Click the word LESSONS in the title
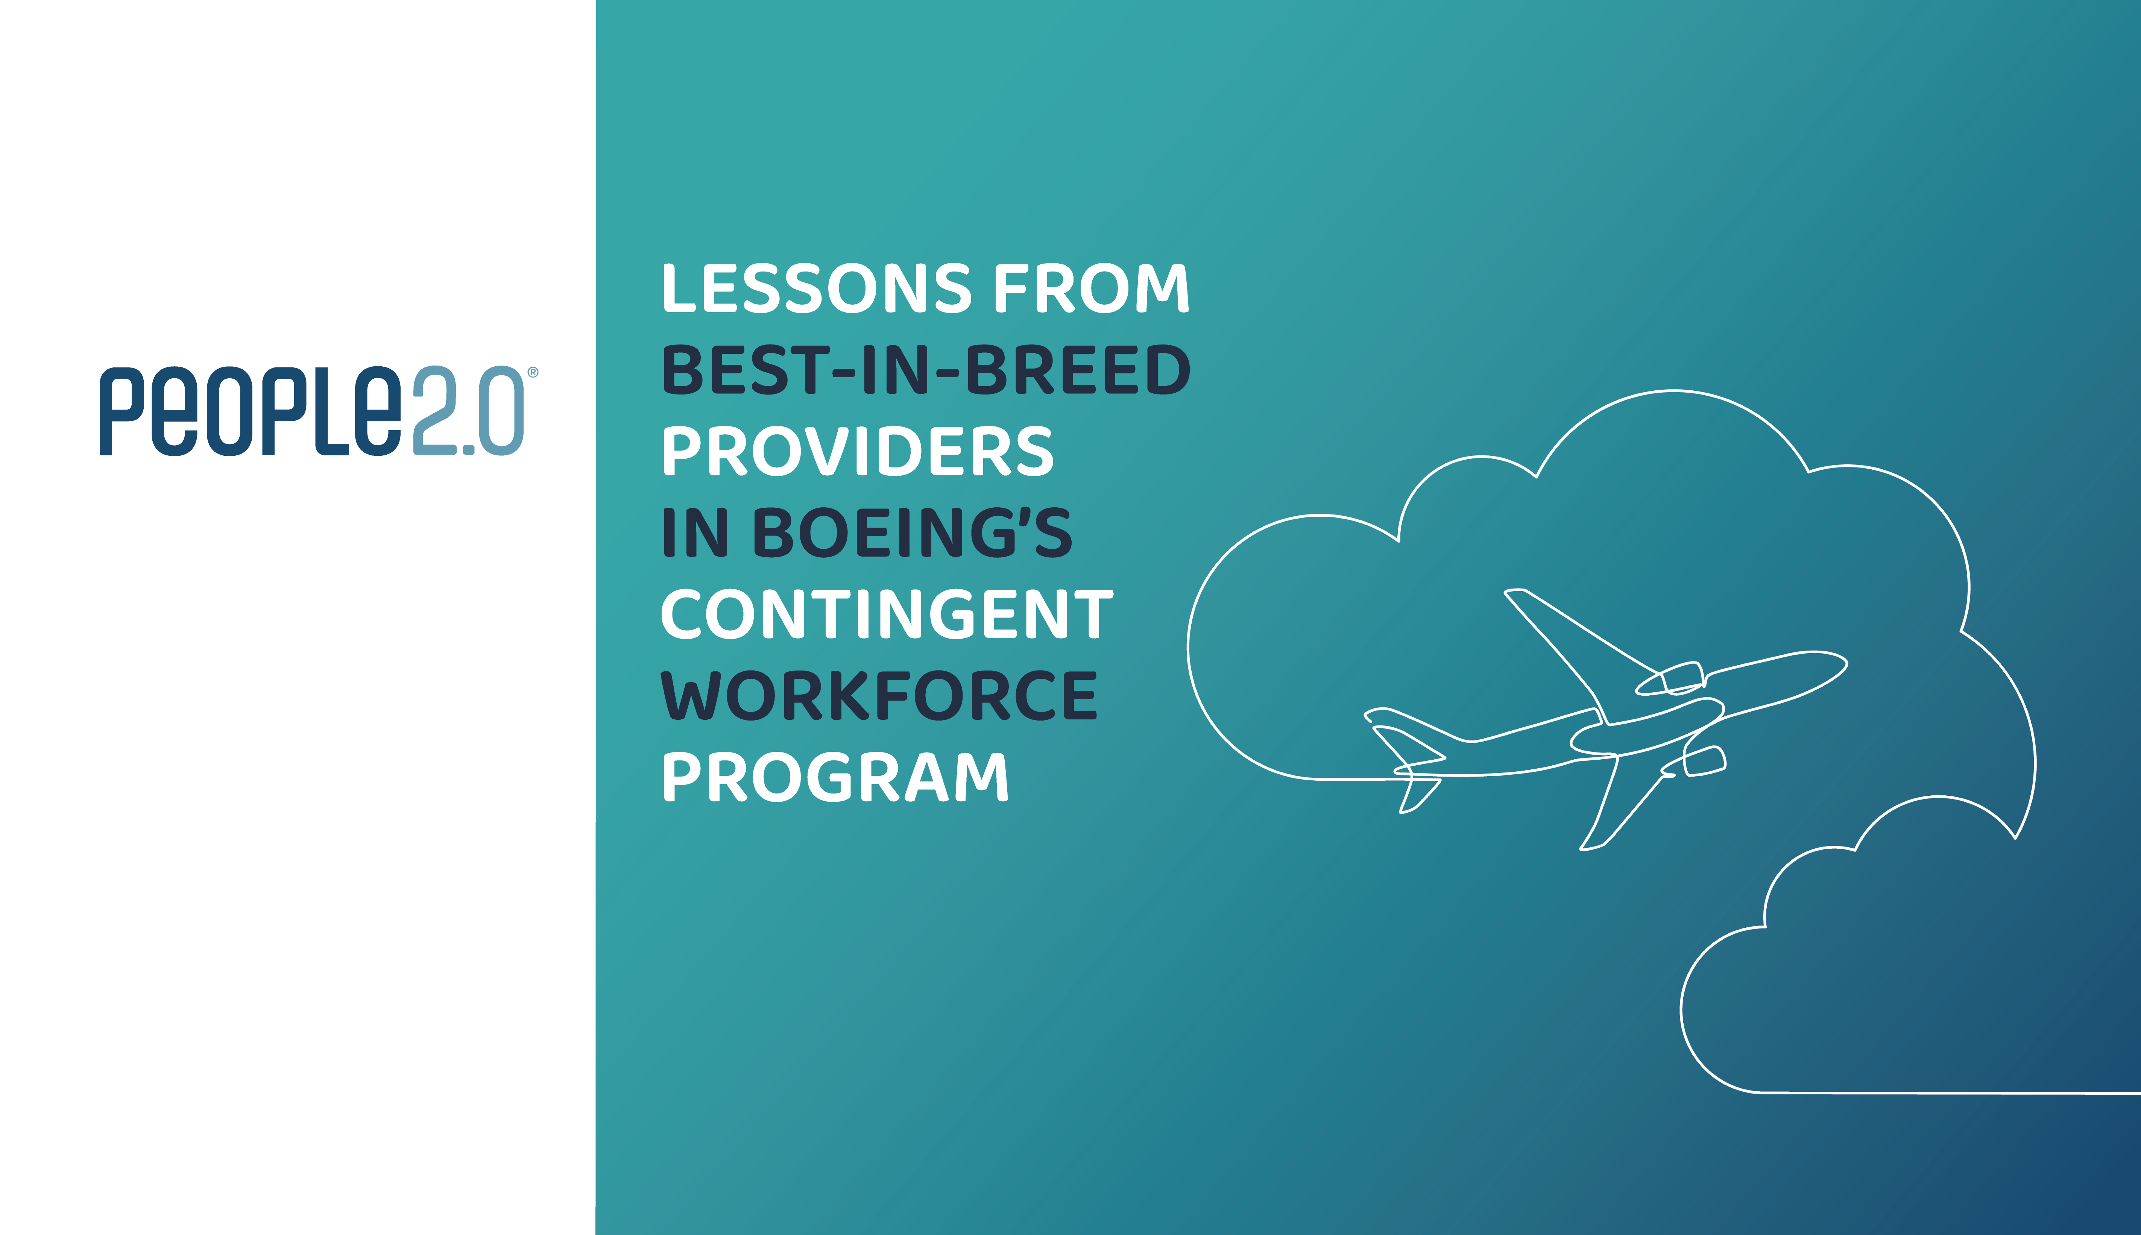coord(817,288)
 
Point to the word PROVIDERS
coord(858,451)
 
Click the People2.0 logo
coord(319,411)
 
